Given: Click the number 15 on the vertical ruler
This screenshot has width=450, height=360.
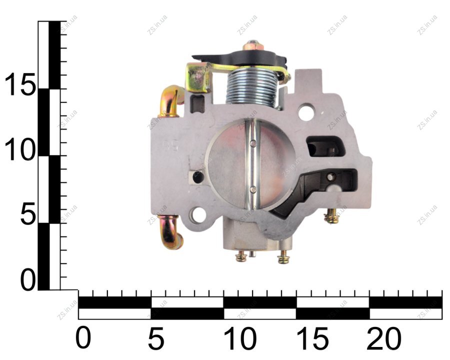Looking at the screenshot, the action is point(19,83).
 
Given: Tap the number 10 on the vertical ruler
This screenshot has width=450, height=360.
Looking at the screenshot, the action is point(19,149).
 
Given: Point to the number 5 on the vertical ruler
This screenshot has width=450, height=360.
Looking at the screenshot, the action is point(28,213).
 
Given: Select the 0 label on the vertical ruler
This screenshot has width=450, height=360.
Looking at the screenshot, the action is point(28,280).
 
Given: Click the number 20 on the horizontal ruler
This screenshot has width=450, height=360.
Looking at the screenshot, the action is point(384,339).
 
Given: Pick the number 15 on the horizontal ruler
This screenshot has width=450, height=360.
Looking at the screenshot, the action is point(312,339).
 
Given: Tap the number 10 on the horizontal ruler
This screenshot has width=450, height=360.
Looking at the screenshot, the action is point(240,339).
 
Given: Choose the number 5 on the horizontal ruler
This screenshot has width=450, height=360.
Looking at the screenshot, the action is point(156,339).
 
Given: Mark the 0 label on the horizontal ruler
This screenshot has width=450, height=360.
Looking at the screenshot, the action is point(83,339).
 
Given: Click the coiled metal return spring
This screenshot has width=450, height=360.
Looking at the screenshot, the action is point(252,87).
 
